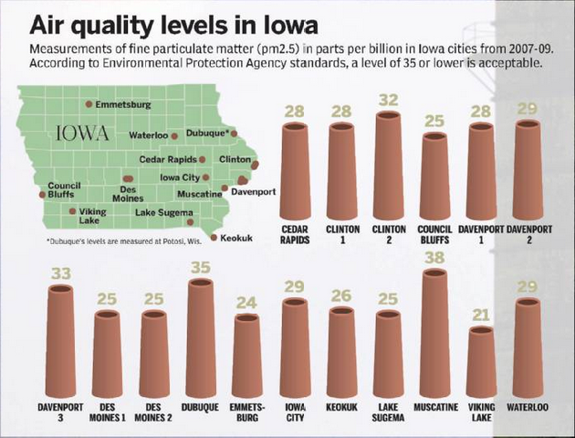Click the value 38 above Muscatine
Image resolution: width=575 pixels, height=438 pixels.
click(435, 259)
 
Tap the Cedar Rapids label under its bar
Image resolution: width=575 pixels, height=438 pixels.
click(295, 234)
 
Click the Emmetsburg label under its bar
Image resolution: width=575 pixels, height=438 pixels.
click(247, 411)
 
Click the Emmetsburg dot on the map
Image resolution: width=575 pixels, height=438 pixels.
click(89, 104)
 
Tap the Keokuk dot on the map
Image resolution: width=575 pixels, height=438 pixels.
click(214, 238)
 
